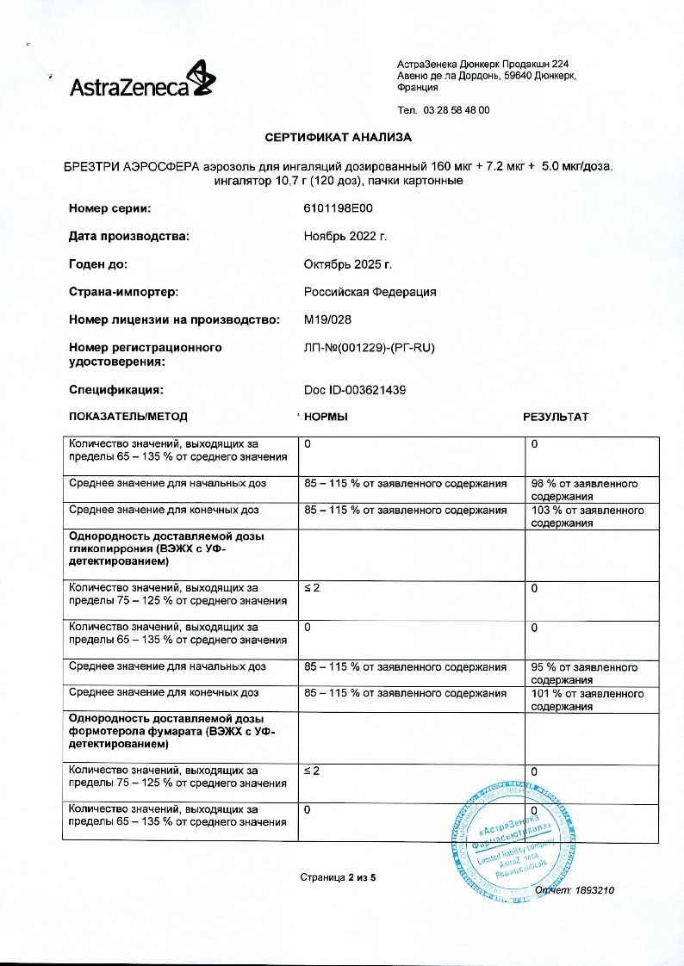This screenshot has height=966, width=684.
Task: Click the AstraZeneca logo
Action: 142,81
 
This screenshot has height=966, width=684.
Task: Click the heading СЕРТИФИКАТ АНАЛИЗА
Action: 339,137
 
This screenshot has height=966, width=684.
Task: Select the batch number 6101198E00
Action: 339,208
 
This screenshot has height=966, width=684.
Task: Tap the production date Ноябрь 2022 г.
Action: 346,236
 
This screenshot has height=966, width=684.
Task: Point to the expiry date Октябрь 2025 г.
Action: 348,263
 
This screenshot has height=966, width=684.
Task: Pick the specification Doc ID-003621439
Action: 355,390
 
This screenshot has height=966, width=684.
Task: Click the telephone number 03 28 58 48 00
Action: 457,110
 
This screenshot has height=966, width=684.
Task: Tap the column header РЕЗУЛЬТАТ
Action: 556,417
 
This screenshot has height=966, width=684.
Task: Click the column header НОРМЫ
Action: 326,417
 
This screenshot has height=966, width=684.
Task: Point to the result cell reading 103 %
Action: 587,517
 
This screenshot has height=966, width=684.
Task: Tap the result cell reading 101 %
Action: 587,700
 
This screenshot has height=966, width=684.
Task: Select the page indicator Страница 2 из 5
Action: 339,877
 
